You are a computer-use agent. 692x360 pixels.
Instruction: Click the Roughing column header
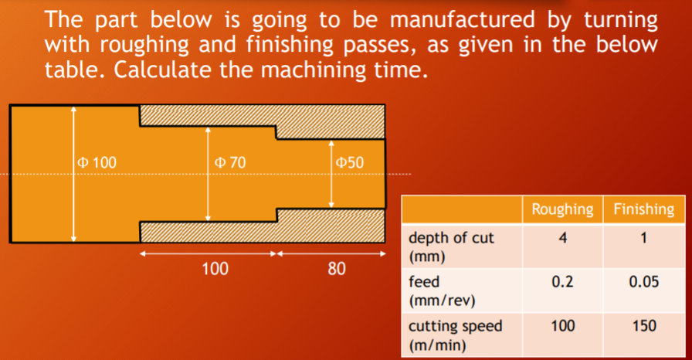coord(562,209)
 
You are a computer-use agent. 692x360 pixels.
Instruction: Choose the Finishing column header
coord(643,209)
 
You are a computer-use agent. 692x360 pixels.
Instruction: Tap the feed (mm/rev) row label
coord(441,290)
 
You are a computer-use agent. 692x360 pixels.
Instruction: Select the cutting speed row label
coord(455,334)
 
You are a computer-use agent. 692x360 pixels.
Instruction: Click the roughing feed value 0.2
coord(562,282)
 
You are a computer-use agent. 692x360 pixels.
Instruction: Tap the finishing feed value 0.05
coord(643,282)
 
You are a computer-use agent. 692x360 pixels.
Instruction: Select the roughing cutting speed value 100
coord(562,326)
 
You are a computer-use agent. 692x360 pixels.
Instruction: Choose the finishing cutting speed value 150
coord(643,326)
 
